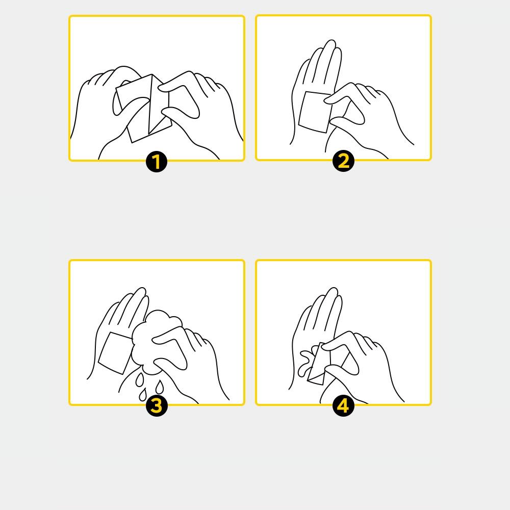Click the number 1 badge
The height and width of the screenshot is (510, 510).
(x=157, y=162)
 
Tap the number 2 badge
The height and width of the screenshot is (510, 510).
(x=343, y=161)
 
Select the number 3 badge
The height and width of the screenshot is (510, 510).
(x=157, y=406)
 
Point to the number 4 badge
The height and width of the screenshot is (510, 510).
(x=343, y=406)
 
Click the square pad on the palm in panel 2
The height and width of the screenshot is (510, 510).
(x=315, y=112)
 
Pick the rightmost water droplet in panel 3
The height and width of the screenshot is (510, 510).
(x=159, y=387)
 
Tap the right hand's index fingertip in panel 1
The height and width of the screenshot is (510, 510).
(x=162, y=88)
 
